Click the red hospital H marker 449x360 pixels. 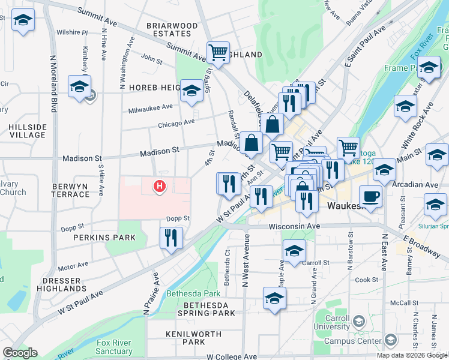[160, 187]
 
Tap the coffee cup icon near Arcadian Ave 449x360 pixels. [371, 196]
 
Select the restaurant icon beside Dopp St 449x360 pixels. [171, 238]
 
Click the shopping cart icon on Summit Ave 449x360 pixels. [218, 52]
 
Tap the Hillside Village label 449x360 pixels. [27, 131]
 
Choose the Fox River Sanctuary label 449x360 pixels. [114, 347]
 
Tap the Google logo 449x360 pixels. [20, 353]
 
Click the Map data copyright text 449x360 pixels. [412, 355]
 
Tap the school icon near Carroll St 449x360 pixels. [294, 251]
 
